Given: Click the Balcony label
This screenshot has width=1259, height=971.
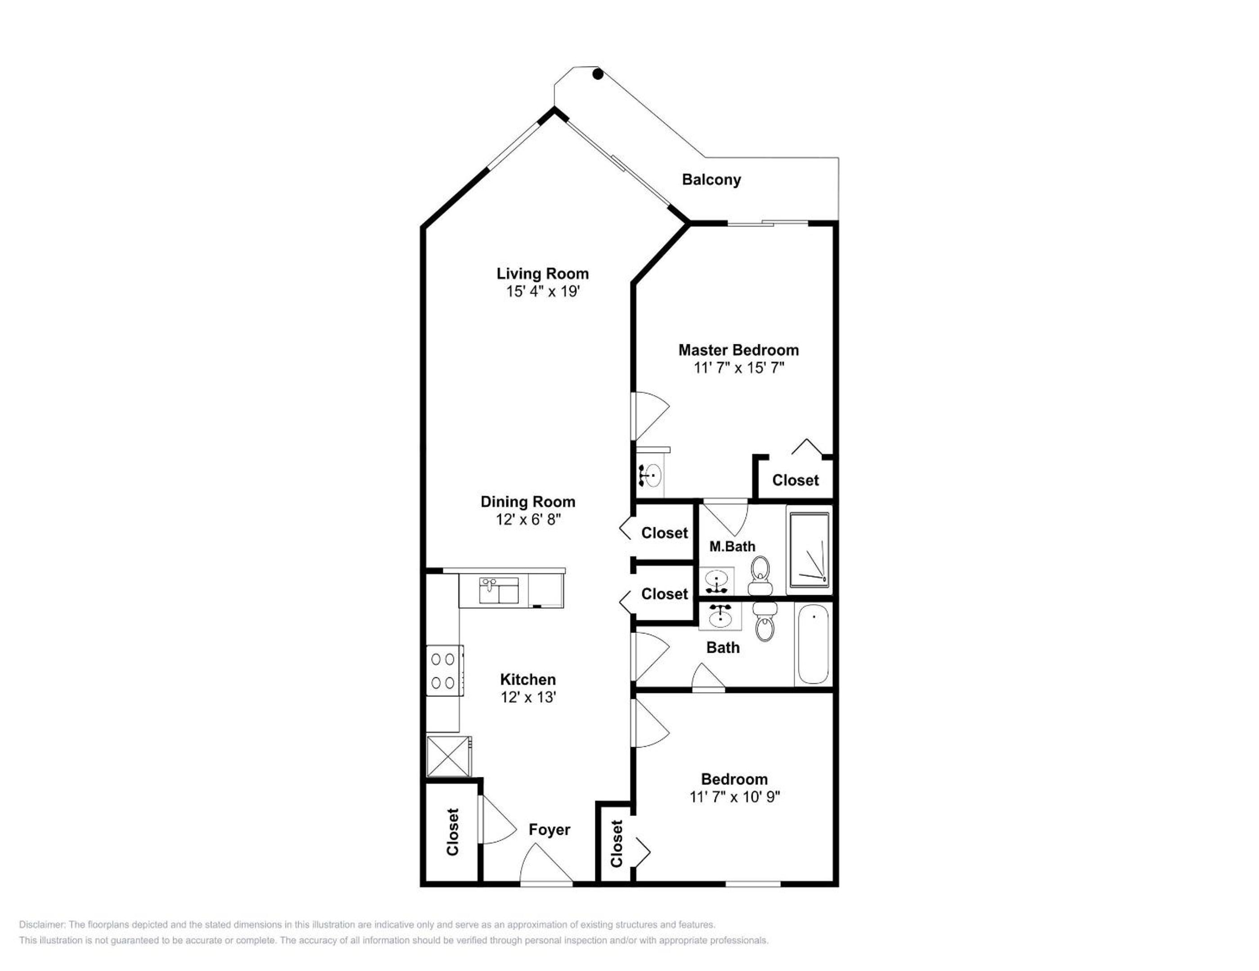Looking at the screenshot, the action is [711, 180].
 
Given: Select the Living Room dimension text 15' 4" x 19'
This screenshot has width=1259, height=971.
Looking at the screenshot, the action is [542, 292].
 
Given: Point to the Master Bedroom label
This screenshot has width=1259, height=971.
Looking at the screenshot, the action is [738, 350].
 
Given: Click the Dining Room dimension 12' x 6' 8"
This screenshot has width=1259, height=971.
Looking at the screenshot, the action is [528, 519].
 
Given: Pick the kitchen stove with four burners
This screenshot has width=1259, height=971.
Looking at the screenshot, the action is [444, 671].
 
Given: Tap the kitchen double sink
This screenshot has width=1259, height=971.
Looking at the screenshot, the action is [499, 591].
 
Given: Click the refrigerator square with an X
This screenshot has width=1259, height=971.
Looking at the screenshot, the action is [448, 756].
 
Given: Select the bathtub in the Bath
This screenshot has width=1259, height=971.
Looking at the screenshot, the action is [813, 644].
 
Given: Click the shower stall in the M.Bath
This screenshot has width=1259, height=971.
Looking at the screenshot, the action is [809, 550].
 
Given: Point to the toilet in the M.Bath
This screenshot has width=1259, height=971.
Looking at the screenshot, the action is [760, 576].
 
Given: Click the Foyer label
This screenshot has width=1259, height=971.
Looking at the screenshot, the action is [549, 830].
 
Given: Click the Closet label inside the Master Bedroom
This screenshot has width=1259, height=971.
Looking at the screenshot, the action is [795, 480].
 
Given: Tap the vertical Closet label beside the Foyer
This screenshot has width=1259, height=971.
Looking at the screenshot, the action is [452, 832].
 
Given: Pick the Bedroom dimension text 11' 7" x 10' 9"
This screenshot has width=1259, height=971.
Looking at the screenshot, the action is [734, 797].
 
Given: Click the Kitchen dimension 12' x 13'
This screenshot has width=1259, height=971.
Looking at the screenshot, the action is [528, 697].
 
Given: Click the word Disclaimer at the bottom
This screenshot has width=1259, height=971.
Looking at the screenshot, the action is [42, 925].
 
